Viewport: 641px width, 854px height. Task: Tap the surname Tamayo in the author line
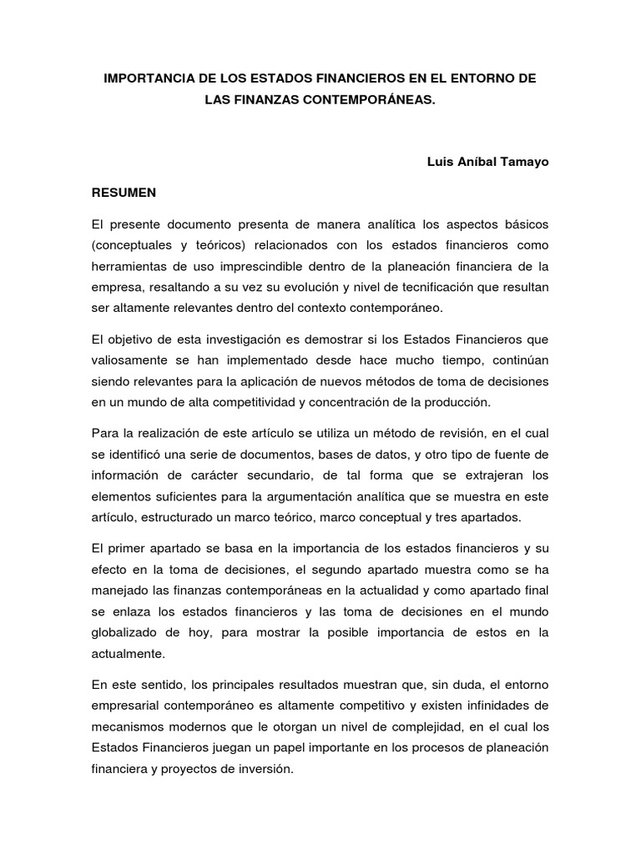click(x=522, y=162)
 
